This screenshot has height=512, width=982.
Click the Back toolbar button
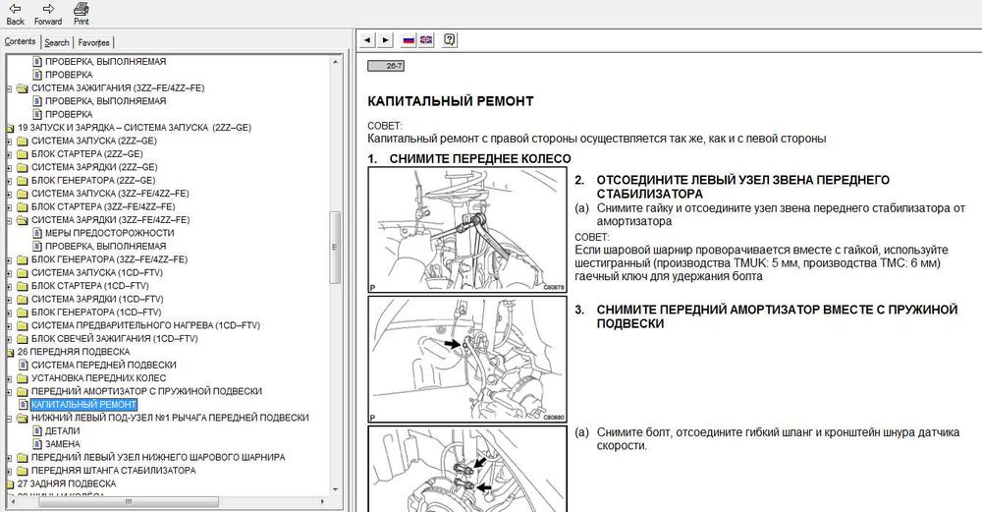15,13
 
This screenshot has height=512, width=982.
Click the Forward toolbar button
47,13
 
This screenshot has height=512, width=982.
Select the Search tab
57,42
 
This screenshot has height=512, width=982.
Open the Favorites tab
94,42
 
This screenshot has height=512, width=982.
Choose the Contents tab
20,41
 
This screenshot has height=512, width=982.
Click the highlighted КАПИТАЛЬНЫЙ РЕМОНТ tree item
83,404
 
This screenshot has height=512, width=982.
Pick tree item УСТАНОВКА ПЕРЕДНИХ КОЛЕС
98,377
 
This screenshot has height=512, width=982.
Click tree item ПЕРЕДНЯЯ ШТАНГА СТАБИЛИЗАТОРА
113,470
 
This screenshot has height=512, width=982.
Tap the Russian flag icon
409,40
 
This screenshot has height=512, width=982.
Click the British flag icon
426,40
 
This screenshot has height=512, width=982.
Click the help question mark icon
449,40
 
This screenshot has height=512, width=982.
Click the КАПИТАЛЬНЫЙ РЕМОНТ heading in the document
450,100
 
